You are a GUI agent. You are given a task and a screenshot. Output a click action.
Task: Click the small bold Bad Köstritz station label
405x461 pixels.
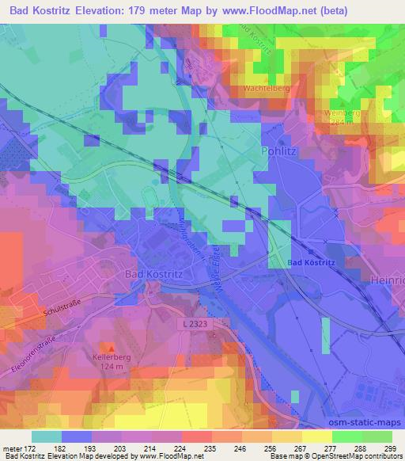311,262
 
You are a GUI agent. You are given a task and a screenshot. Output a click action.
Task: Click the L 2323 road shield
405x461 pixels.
194,325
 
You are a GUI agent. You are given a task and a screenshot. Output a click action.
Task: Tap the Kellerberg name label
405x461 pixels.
111,357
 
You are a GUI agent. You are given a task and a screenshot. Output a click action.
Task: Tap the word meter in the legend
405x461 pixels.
14,448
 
